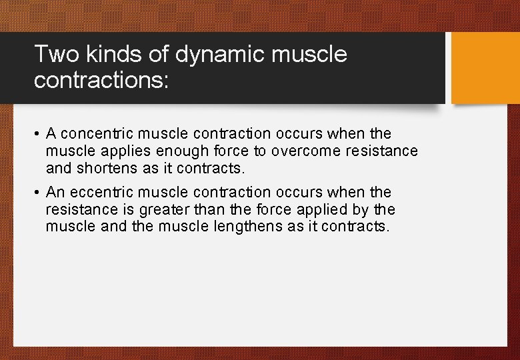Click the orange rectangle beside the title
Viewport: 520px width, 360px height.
pos(485,68)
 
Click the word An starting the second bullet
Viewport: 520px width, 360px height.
pos(55,193)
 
